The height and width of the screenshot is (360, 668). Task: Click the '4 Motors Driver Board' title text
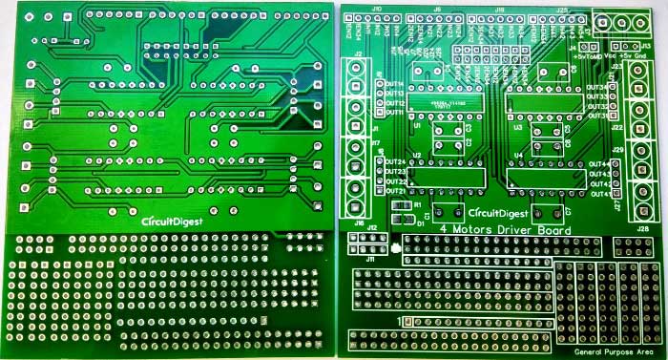click(x=505, y=230)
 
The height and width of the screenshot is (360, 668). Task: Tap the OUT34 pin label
click(x=597, y=87)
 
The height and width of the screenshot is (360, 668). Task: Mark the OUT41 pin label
click(x=599, y=195)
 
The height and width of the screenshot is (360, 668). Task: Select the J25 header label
click(x=562, y=9)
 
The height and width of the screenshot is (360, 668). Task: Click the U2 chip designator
click(x=417, y=155)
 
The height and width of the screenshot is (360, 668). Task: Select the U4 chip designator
click(x=518, y=155)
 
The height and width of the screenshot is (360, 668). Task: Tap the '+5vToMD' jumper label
click(x=585, y=55)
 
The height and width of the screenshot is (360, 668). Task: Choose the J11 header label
click(x=371, y=258)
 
